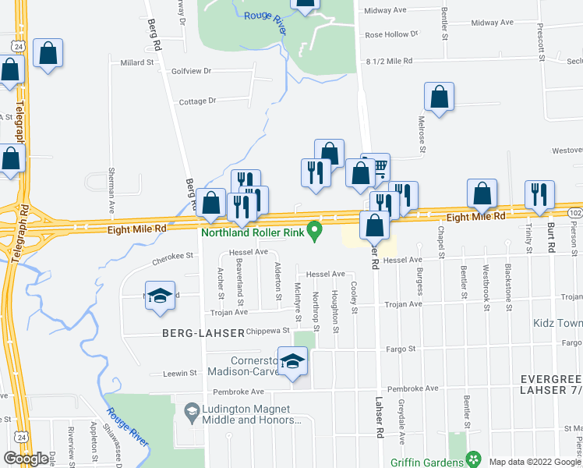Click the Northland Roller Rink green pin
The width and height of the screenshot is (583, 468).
[x=315, y=231]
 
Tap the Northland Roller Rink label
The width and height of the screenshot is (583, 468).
[x=253, y=232]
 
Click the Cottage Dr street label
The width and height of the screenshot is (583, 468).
[x=197, y=101]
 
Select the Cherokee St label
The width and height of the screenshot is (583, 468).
[x=172, y=255]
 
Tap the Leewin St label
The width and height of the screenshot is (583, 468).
[x=179, y=374]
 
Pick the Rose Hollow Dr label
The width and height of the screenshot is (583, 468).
[x=391, y=34]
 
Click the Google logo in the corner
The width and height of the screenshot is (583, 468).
[x=25, y=459]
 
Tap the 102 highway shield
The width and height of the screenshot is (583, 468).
[x=575, y=213]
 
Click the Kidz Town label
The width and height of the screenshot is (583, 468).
[x=557, y=323]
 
